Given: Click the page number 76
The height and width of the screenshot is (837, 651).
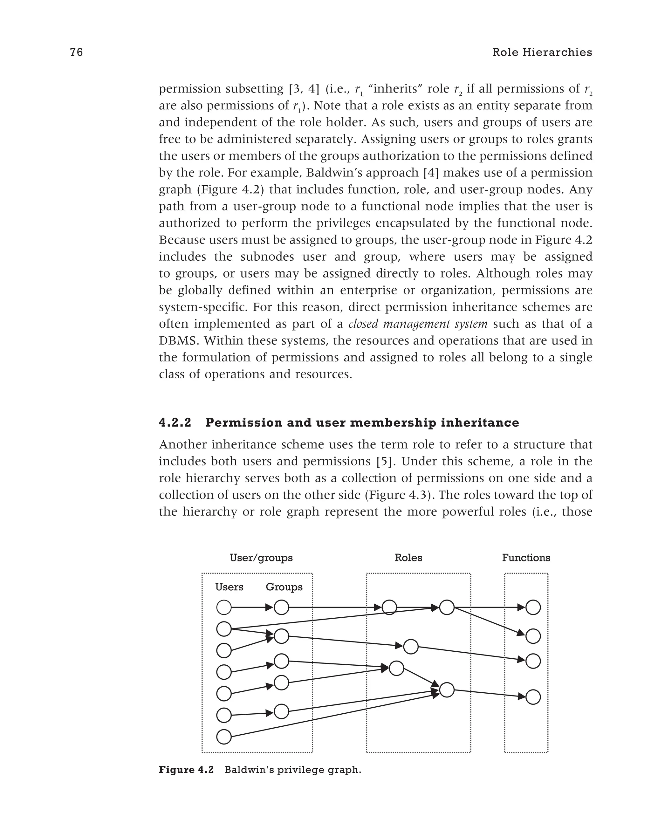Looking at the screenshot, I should [x=76, y=52].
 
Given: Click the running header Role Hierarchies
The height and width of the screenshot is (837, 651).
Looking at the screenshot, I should [x=542, y=52].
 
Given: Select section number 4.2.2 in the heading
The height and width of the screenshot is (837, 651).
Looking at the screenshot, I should [x=175, y=423].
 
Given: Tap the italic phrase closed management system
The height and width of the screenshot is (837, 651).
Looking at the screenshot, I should [x=418, y=324].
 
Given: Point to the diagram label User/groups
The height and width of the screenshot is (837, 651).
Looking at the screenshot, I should [x=261, y=558].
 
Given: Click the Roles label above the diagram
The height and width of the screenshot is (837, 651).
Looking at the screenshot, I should [x=408, y=558].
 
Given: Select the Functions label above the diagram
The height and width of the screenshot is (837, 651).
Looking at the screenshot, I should [x=526, y=558].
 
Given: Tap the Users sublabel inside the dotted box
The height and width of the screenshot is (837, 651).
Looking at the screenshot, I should [x=229, y=587].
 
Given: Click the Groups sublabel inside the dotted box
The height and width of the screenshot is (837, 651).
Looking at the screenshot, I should [x=284, y=587].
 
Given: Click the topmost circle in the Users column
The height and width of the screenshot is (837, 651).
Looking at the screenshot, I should [x=224, y=607].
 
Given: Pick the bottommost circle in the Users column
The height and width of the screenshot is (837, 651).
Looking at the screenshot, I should [x=224, y=737].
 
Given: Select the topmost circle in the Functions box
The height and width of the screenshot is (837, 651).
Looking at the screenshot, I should [x=533, y=607].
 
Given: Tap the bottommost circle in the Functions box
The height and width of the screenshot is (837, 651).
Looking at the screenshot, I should [x=533, y=697].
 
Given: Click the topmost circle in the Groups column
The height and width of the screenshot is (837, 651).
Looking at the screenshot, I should [x=281, y=607].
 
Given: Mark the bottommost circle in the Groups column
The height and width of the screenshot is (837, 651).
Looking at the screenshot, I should [x=281, y=711].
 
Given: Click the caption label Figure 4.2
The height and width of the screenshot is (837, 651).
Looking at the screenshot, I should [x=186, y=770].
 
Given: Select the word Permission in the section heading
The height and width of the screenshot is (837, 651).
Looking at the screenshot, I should [x=240, y=423].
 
